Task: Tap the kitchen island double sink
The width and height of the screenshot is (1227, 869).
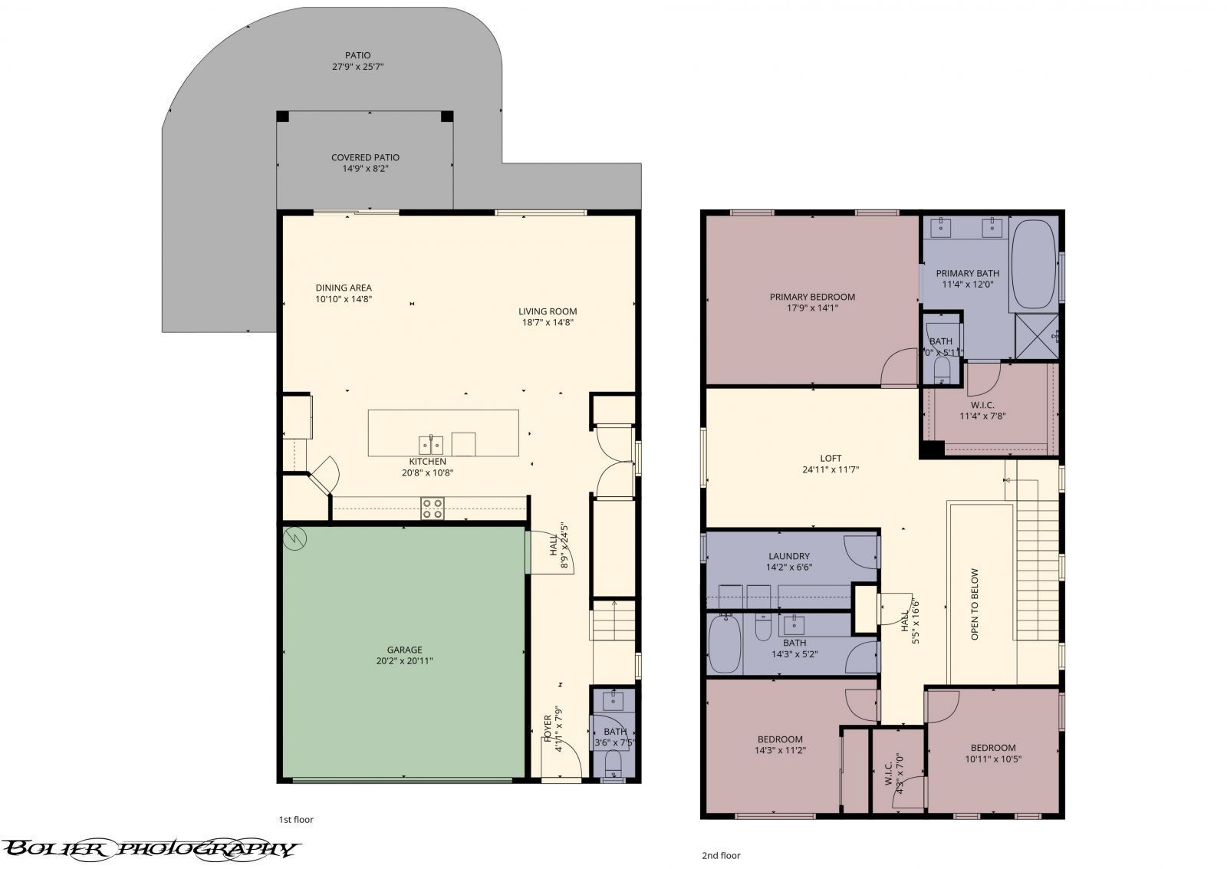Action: [x=431, y=444]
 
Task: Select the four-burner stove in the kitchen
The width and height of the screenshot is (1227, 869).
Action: [x=433, y=508]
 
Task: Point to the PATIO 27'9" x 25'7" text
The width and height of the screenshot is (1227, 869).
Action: [x=357, y=61]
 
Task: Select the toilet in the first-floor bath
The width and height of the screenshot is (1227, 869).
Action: [x=613, y=763]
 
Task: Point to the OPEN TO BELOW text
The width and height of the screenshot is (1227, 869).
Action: [x=975, y=604]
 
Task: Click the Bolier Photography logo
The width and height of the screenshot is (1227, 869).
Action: [x=150, y=848]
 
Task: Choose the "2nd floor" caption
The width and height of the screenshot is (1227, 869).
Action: [x=722, y=855]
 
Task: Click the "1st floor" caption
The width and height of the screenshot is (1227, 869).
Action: [x=296, y=819]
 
